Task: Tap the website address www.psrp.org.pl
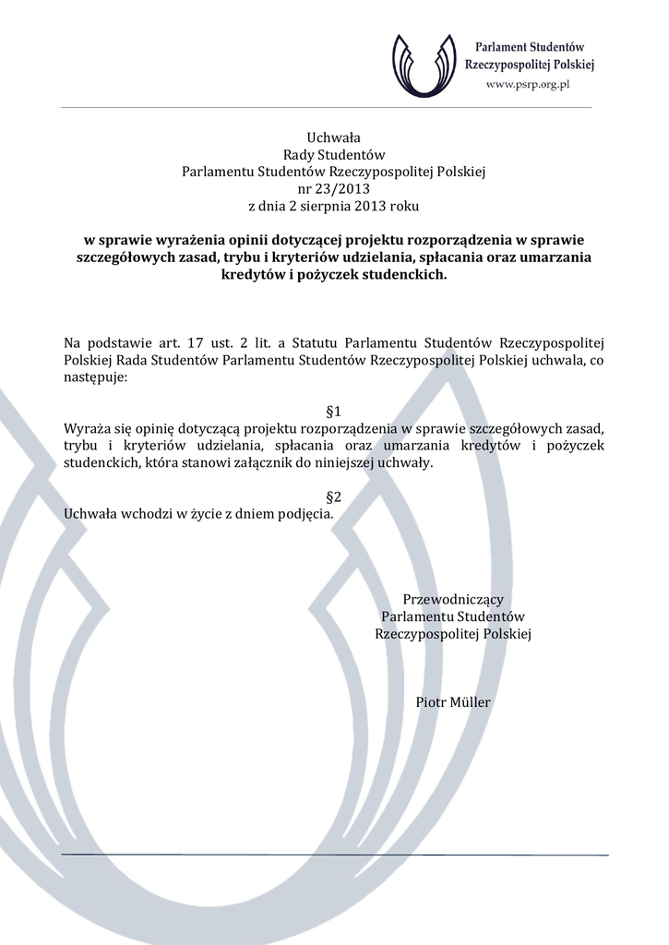tap(529, 84)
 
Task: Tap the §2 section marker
tap(334, 496)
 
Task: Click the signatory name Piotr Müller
tap(453, 702)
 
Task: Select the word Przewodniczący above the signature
tap(453, 600)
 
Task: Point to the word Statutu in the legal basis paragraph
tap(324, 343)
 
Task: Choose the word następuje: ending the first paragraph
tap(97, 377)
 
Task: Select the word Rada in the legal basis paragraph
tap(133, 361)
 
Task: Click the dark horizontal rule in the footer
tap(334, 855)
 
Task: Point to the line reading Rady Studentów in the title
tap(333, 155)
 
